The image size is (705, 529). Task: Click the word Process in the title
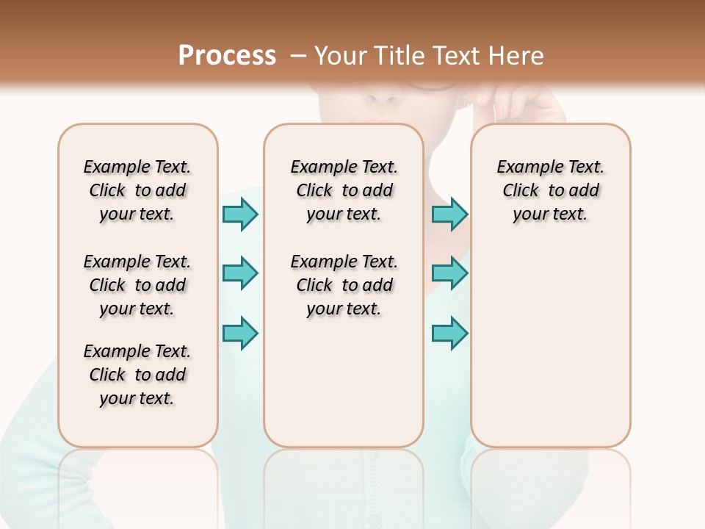pos(227,56)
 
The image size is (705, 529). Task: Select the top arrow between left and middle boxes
pos(240,214)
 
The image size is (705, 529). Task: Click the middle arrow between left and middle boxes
pos(240,273)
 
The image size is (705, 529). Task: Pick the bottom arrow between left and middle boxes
pos(240,332)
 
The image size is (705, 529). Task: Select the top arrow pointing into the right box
pos(449,214)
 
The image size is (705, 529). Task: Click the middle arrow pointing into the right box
pos(449,273)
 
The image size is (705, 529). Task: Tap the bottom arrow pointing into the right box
pos(449,332)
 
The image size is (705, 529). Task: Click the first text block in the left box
pos(137,190)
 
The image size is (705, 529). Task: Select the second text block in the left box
pos(137,285)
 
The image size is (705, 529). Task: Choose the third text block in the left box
pos(137,375)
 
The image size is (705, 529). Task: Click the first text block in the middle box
pos(344,190)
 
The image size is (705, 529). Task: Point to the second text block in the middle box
pos(344,285)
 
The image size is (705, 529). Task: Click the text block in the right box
pos(550,190)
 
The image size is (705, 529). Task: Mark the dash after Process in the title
pos(298,56)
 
